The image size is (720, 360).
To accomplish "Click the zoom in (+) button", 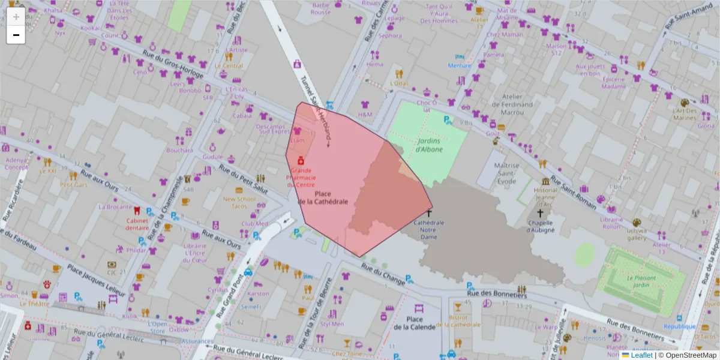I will [x=16, y=17].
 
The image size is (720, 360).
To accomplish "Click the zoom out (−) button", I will [x=16, y=35].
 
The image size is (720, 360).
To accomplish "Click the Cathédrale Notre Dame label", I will [x=429, y=226].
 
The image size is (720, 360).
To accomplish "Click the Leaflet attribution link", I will [x=642, y=355].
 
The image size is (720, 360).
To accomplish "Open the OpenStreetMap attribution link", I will [x=688, y=355].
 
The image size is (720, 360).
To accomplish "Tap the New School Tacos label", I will [x=239, y=203].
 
